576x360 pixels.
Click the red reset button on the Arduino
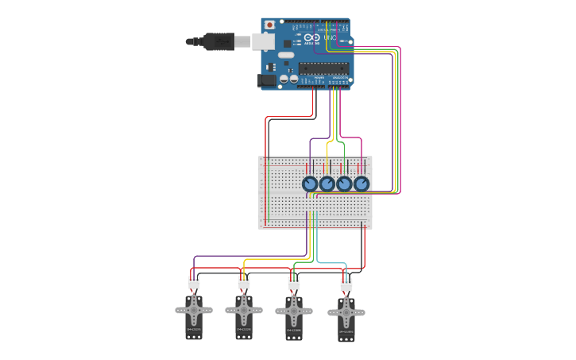coord(269,25)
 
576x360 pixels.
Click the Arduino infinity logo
coord(310,38)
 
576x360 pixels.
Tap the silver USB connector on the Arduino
coord(262,41)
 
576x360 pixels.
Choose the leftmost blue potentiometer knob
coord(310,184)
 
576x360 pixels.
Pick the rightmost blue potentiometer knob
coord(361,184)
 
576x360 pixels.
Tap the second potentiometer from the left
coord(327,184)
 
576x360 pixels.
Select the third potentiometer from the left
coord(344,184)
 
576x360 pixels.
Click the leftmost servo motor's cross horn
coord(194,310)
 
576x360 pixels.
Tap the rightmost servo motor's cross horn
coord(346,313)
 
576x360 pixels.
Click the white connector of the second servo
coord(244,282)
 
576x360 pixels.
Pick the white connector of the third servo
coord(294,283)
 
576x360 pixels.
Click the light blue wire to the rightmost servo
coord(334,263)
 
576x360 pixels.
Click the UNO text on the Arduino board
coord(330,38)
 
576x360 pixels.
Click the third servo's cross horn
coord(294,312)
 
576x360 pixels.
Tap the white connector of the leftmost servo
coord(194,282)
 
